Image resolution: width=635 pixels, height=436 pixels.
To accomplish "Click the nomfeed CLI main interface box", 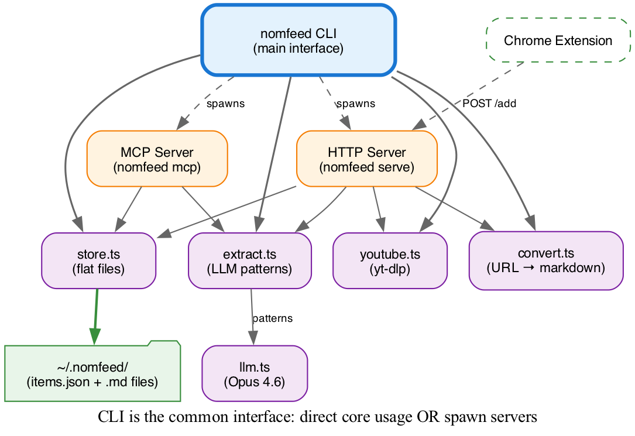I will [298, 40].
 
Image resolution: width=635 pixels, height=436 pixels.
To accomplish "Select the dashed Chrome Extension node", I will [557, 40].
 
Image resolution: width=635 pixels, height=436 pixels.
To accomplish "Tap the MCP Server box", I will [157, 159].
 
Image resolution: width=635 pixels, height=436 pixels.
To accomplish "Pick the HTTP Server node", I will [366, 159].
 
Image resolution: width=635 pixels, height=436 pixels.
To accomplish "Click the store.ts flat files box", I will [98, 261].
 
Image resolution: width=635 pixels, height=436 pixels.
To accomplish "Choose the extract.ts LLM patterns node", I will [249, 261].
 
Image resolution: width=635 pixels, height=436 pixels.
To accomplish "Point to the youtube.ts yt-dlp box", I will [390, 261].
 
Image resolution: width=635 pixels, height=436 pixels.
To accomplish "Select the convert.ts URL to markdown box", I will [545, 261].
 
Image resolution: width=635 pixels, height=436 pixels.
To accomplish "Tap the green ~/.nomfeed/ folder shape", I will [92, 375].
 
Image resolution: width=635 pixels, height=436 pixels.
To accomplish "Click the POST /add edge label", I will [489, 104].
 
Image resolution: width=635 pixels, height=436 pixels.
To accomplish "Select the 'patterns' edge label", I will [272, 318].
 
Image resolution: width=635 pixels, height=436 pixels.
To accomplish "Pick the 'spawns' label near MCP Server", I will [225, 104].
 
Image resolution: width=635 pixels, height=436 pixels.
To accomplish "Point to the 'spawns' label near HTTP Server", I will [355, 104].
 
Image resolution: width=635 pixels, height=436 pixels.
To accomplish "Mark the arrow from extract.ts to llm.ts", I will [252, 316].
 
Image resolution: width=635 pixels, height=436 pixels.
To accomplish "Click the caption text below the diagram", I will [317, 417].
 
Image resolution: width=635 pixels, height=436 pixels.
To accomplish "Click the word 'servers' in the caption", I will [516, 417].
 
